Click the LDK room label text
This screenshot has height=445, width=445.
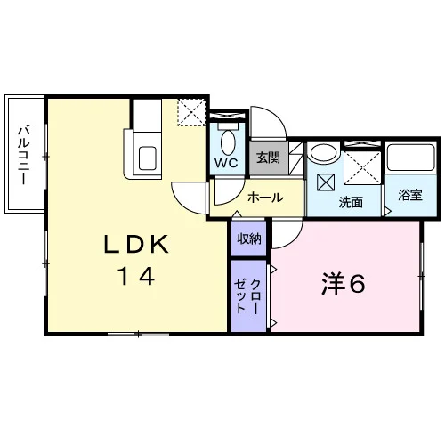[x=136, y=244]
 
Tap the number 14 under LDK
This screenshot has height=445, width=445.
[x=136, y=276]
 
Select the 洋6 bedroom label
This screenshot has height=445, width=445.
[x=344, y=284]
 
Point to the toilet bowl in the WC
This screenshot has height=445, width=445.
[x=228, y=142]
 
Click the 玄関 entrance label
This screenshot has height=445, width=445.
[x=268, y=158]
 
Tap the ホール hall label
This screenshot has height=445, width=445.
[x=265, y=198]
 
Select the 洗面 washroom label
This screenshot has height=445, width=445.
[x=351, y=202]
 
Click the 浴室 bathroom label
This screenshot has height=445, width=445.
[x=410, y=195]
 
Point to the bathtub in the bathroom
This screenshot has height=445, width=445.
[x=411, y=158]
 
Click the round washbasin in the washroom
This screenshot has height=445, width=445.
[x=323, y=153]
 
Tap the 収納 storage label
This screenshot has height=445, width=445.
[x=249, y=239]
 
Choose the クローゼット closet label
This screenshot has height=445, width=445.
[x=247, y=296]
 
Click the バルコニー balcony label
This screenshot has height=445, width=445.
[x=24, y=156]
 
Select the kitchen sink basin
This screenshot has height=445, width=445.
[x=148, y=158]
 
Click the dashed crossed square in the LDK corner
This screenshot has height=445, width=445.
[x=191, y=112]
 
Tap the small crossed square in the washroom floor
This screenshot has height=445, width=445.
[x=326, y=182]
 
